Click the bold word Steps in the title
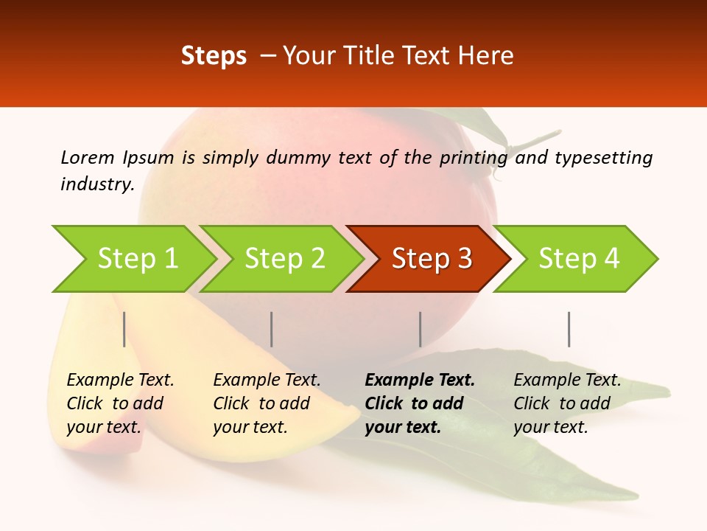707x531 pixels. pos(214,56)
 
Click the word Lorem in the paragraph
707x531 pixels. pos(87,157)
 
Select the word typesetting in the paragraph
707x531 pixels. pos(603,157)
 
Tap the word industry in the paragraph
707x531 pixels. pos(96,184)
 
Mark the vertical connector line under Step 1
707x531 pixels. pos(124,329)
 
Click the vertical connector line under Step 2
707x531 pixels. pos(272,329)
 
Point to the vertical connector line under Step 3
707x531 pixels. pos(420,329)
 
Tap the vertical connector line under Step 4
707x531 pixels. pos(569,329)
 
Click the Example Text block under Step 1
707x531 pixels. pos(120,403)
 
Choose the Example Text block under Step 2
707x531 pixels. pos(267,403)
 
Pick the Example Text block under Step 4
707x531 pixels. pos(567,403)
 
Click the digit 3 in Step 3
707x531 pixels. pos(464,259)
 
